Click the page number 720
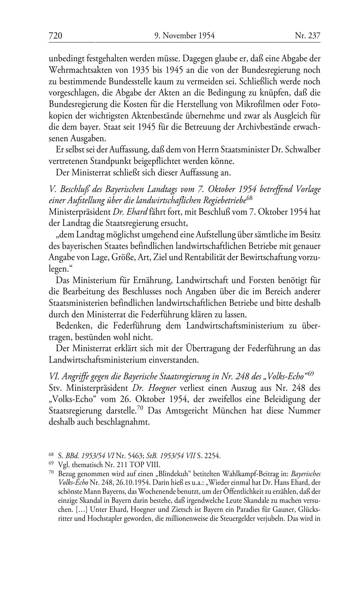(x=55, y=36)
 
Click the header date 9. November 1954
(x=184, y=36)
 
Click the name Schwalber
(x=303, y=149)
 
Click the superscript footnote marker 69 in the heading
(x=311, y=374)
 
